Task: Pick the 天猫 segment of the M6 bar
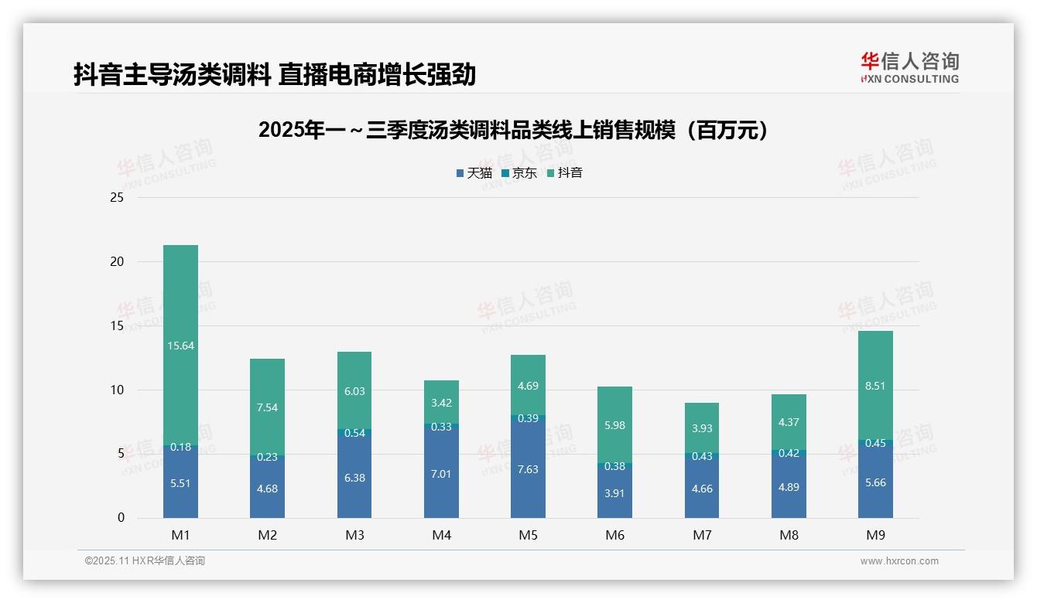[614, 492]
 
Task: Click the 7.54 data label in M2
[267, 407]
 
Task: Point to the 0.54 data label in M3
[354, 433]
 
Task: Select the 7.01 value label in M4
[441, 474]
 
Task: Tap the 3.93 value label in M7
[701, 428]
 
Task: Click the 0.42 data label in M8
[789, 453]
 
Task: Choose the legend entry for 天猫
[474, 173]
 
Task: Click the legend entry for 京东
[520, 173]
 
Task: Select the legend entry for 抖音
[565, 173]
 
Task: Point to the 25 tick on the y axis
[117, 198]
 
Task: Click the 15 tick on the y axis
[117, 326]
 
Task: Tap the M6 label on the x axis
[614, 535]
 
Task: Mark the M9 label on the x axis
[875, 535]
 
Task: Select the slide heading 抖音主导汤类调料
[274, 75]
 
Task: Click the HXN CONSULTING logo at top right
[909, 68]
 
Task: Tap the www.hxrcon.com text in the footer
[899, 561]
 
